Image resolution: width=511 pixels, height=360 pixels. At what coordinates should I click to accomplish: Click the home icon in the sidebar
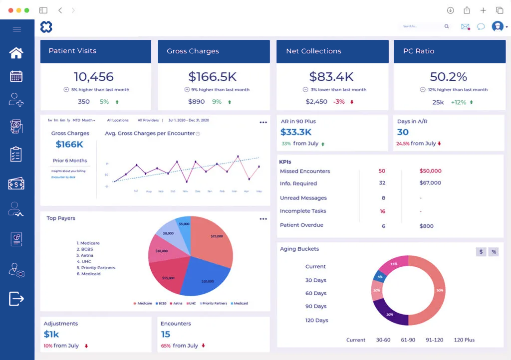(16, 53)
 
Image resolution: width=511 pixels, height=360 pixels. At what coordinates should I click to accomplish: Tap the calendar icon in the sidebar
(16, 76)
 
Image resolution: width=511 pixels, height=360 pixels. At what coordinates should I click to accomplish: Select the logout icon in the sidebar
(16, 299)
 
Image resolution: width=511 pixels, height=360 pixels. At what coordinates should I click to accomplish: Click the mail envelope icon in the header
(465, 26)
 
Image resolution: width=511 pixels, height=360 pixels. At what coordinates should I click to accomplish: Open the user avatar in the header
(497, 26)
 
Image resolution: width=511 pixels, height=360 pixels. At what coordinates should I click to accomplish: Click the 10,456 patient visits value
(94, 77)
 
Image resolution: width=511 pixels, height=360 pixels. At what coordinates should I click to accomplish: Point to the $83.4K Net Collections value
(331, 77)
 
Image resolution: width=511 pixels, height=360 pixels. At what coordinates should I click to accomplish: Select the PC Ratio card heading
(418, 51)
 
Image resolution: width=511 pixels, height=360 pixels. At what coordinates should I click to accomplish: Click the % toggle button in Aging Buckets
(494, 252)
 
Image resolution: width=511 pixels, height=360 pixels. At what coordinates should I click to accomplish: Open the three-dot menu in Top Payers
(263, 219)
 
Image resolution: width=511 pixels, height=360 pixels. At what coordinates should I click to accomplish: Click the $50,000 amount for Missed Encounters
(430, 171)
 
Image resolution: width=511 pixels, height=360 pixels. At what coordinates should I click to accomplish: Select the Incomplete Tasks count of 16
(382, 211)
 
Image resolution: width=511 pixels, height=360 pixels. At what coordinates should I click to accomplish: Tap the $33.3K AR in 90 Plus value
(296, 132)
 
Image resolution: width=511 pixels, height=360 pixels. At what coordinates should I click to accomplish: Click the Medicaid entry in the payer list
(90, 274)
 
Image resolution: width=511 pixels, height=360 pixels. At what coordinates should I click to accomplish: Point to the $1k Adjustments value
(51, 334)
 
